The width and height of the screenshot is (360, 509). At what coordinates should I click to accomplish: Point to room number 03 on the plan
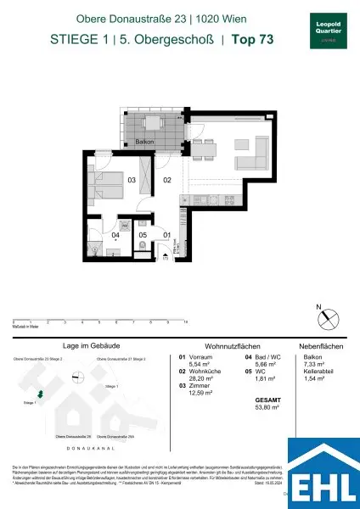[132, 180]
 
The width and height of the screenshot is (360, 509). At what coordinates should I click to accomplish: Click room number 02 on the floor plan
[167, 180]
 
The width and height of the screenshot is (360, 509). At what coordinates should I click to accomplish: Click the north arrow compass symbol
[324, 319]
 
